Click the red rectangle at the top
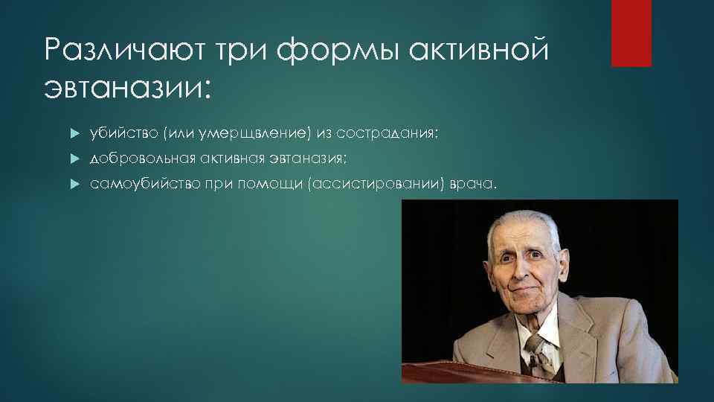point(631,33)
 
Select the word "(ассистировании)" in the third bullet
point(373,183)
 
